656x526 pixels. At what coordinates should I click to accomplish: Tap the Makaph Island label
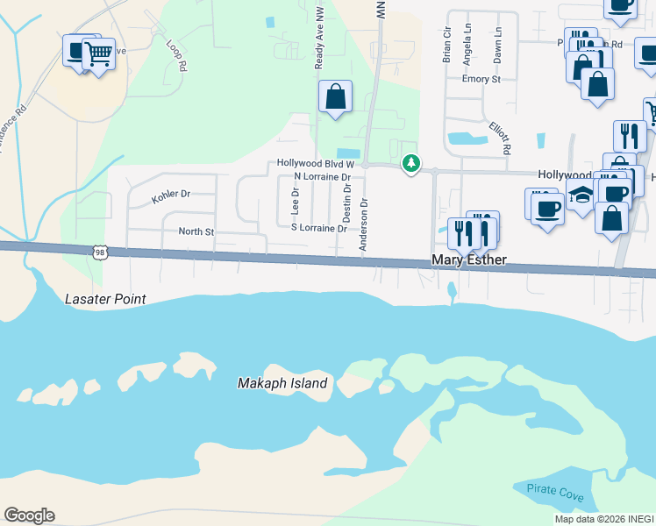click(x=282, y=383)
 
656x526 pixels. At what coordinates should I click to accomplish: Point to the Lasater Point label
click(x=105, y=299)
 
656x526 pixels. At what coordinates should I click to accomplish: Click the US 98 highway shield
click(x=100, y=252)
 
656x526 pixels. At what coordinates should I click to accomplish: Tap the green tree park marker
click(x=410, y=164)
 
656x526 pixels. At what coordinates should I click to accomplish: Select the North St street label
click(x=196, y=231)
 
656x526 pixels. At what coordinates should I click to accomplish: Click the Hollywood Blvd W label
click(x=315, y=163)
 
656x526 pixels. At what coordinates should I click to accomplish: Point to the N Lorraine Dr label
click(x=322, y=177)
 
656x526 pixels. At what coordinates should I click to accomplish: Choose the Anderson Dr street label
click(x=364, y=225)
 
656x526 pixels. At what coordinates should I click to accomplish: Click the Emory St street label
click(x=481, y=79)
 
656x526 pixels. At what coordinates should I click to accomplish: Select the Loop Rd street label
click(x=177, y=53)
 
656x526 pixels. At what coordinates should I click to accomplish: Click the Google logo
click(x=29, y=515)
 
